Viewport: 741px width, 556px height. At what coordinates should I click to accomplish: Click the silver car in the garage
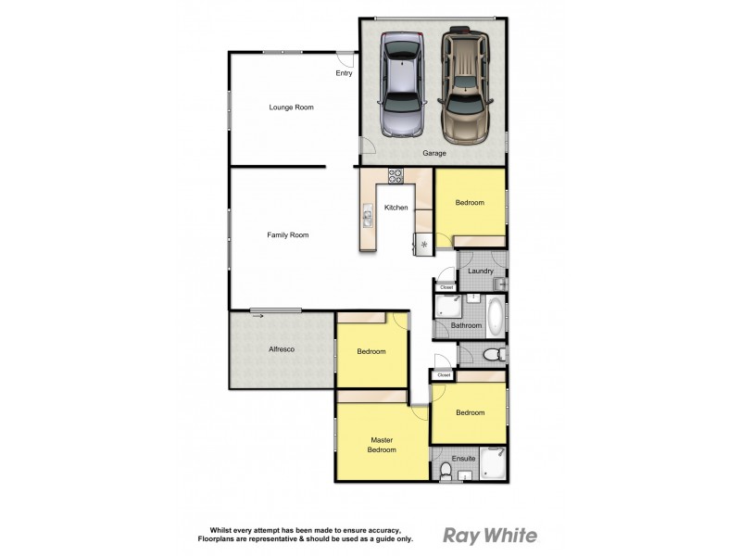point(401,84)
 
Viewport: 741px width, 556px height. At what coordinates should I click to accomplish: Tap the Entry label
point(344,73)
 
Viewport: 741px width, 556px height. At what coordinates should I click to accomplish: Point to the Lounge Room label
point(291,107)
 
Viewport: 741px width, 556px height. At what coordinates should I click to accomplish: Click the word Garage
point(435,153)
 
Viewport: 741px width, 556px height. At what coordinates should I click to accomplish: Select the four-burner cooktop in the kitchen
point(396,174)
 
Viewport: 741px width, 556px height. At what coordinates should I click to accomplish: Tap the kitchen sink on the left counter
point(368,219)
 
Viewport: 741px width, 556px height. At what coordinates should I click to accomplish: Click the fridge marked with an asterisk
point(423,245)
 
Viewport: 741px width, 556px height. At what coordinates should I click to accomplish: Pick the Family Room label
point(287,235)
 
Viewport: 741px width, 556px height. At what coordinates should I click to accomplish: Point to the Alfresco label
point(281,349)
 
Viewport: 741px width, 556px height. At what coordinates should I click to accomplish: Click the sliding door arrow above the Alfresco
point(257,317)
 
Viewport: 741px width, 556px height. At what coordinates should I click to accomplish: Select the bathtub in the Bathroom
point(496,317)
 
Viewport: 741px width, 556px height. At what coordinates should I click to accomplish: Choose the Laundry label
point(480,271)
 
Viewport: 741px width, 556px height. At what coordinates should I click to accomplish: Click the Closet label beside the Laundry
point(446,287)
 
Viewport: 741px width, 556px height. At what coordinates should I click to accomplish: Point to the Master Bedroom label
point(383,445)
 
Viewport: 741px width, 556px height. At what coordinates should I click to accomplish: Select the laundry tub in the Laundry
point(498,284)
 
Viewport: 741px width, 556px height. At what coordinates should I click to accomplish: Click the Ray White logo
point(490,535)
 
